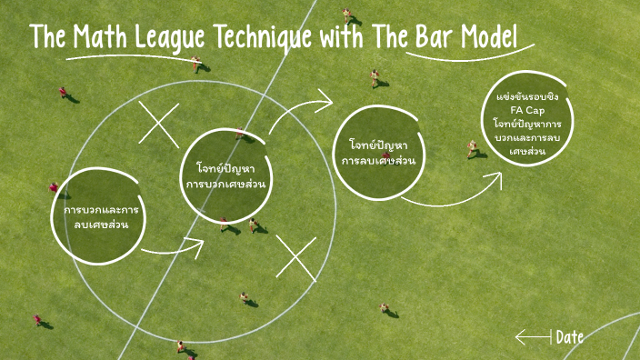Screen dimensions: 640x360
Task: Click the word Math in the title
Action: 104,39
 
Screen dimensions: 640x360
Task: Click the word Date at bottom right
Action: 569,337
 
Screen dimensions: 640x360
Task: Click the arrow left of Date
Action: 533,337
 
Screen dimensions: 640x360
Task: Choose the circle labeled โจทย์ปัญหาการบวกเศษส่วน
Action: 230,175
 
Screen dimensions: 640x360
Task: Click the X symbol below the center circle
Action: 295,257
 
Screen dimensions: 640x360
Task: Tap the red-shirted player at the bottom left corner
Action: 38,320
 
